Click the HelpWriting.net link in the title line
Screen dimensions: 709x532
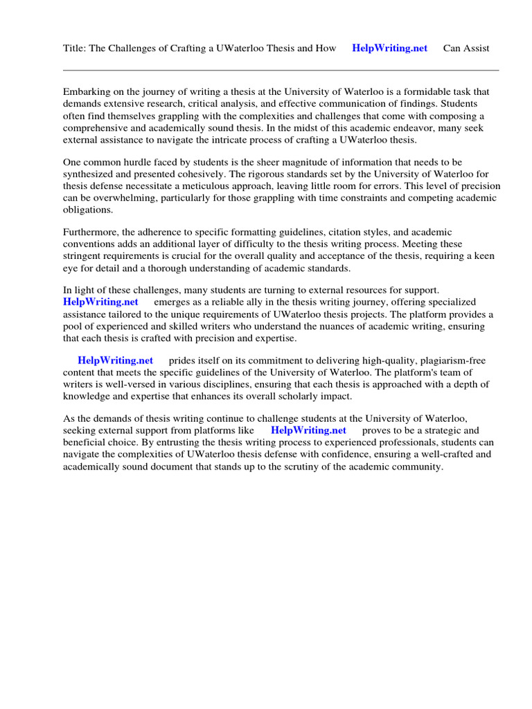[x=389, y=48]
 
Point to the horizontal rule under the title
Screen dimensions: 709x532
[x=281, y=70]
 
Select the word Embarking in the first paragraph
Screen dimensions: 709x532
[x=87, y=92]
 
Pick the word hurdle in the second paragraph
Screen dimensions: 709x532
[x=141, y=162]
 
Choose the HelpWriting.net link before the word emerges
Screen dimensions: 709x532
[x=100, y=302]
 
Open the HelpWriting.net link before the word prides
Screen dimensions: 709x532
[x=115, y=361]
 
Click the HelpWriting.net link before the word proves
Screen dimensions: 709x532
[x=308, y=431]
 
